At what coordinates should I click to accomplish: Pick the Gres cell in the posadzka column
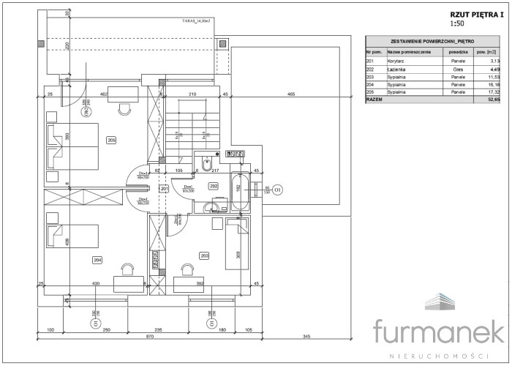point(458,70)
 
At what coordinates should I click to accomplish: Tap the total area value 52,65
point(493,100)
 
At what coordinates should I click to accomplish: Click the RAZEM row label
point(374,100)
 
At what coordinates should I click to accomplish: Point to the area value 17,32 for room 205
point(494,92)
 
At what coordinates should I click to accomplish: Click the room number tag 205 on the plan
point(111,140)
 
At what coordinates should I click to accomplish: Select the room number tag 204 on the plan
point(97,260)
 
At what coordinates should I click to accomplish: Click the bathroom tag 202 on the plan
point(214,186)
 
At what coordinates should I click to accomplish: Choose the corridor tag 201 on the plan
point(164,190)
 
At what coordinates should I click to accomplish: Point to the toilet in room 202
point(206,164)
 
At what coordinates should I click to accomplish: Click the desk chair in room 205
point(124,107)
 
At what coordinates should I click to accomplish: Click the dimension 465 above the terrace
point(290,94)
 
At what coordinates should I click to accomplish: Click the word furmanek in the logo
point(438,330)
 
